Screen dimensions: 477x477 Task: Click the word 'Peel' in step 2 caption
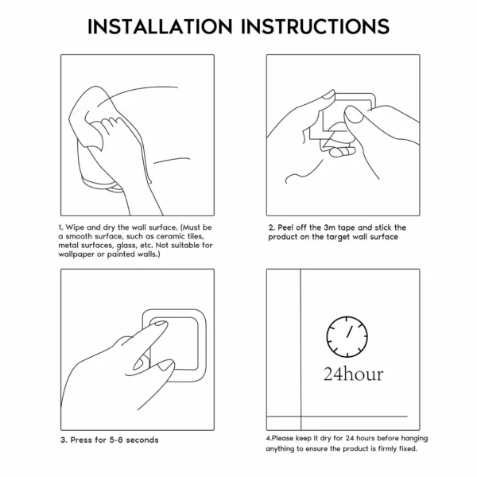(289, 227)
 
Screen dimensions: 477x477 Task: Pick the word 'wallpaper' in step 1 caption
(79, 255)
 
